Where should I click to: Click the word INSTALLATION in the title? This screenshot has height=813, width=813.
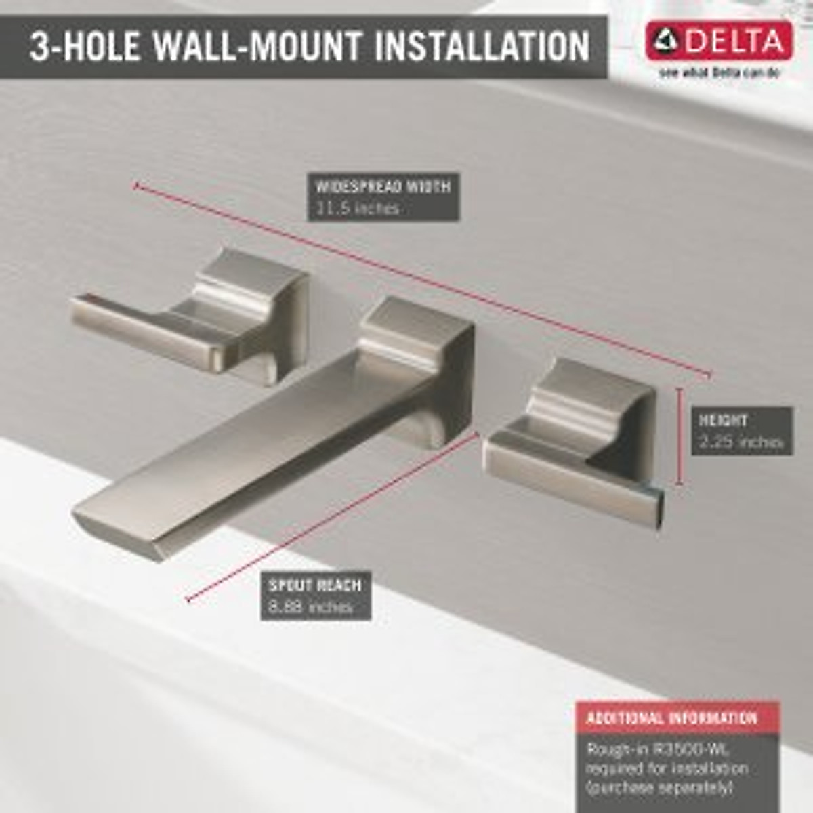click(482, 46)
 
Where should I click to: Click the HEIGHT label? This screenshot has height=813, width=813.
click(724, 420)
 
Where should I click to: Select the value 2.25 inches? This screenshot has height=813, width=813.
click(741, 442)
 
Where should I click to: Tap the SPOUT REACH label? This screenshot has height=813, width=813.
click(315, 585)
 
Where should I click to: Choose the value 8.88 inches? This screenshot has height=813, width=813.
click(310, 607)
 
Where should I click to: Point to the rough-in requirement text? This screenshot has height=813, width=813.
click(667, 769)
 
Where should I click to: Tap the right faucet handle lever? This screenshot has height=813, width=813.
click(576, 481)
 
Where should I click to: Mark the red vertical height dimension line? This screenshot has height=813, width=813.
click(679, 437)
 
